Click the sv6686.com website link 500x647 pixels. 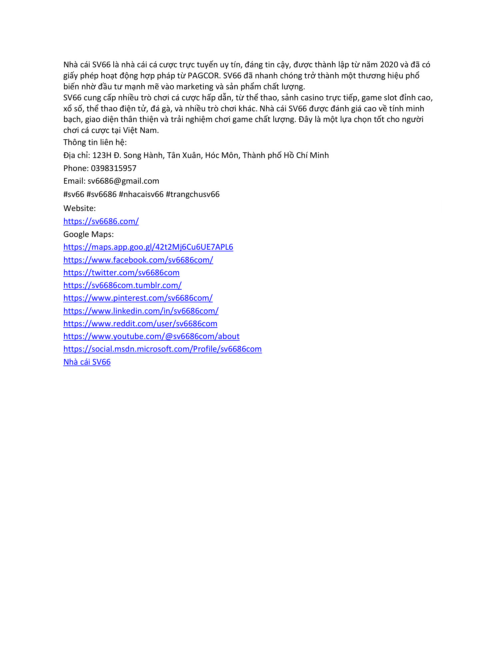[101, 221]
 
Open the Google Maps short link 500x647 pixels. [148, 247]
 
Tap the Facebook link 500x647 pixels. [138, 260]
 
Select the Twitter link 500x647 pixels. [121, 273]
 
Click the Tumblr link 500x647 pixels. [122, 285]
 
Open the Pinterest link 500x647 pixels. [138, 298]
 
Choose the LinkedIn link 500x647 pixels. [141, 311]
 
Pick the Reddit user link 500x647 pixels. [140, 324]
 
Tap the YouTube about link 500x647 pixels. [151, 336]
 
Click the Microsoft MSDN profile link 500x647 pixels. [162, 349]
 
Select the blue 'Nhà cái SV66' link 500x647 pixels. [87, 362]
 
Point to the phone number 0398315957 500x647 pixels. [114, 168]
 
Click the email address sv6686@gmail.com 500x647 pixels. [123, 181]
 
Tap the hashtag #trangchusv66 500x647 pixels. [193, 194]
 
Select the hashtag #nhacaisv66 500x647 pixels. [141, 194]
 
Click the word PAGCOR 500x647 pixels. [203, 76]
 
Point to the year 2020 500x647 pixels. [389, 65]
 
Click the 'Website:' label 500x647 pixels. [79, 208]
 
